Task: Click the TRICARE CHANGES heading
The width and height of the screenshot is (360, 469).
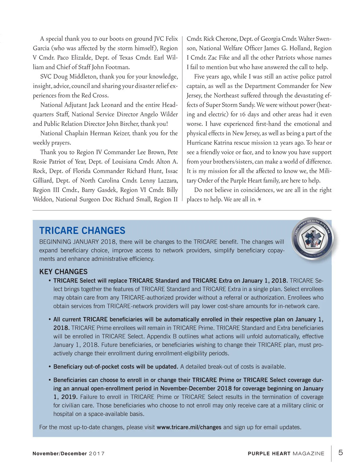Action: tap(82, 230)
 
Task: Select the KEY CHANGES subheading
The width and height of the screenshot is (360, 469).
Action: tap(63, 272)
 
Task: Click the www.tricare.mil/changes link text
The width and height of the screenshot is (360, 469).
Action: tap(189, 427)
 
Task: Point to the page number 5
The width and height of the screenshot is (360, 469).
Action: tap(340, 453)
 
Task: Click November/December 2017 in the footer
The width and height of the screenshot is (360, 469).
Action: tap(68, 453)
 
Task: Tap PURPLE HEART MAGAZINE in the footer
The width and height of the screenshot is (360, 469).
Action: tap(286, 453)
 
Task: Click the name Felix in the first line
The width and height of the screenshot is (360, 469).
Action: tap(172, 39)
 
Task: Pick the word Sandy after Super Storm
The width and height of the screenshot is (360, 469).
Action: tap(247, 105)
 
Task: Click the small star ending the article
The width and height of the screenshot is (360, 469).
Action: tap(259, 199)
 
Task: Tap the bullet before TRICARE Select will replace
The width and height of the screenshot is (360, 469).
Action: tap(49, 281)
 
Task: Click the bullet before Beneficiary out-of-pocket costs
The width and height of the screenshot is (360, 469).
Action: tap(49, 367)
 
